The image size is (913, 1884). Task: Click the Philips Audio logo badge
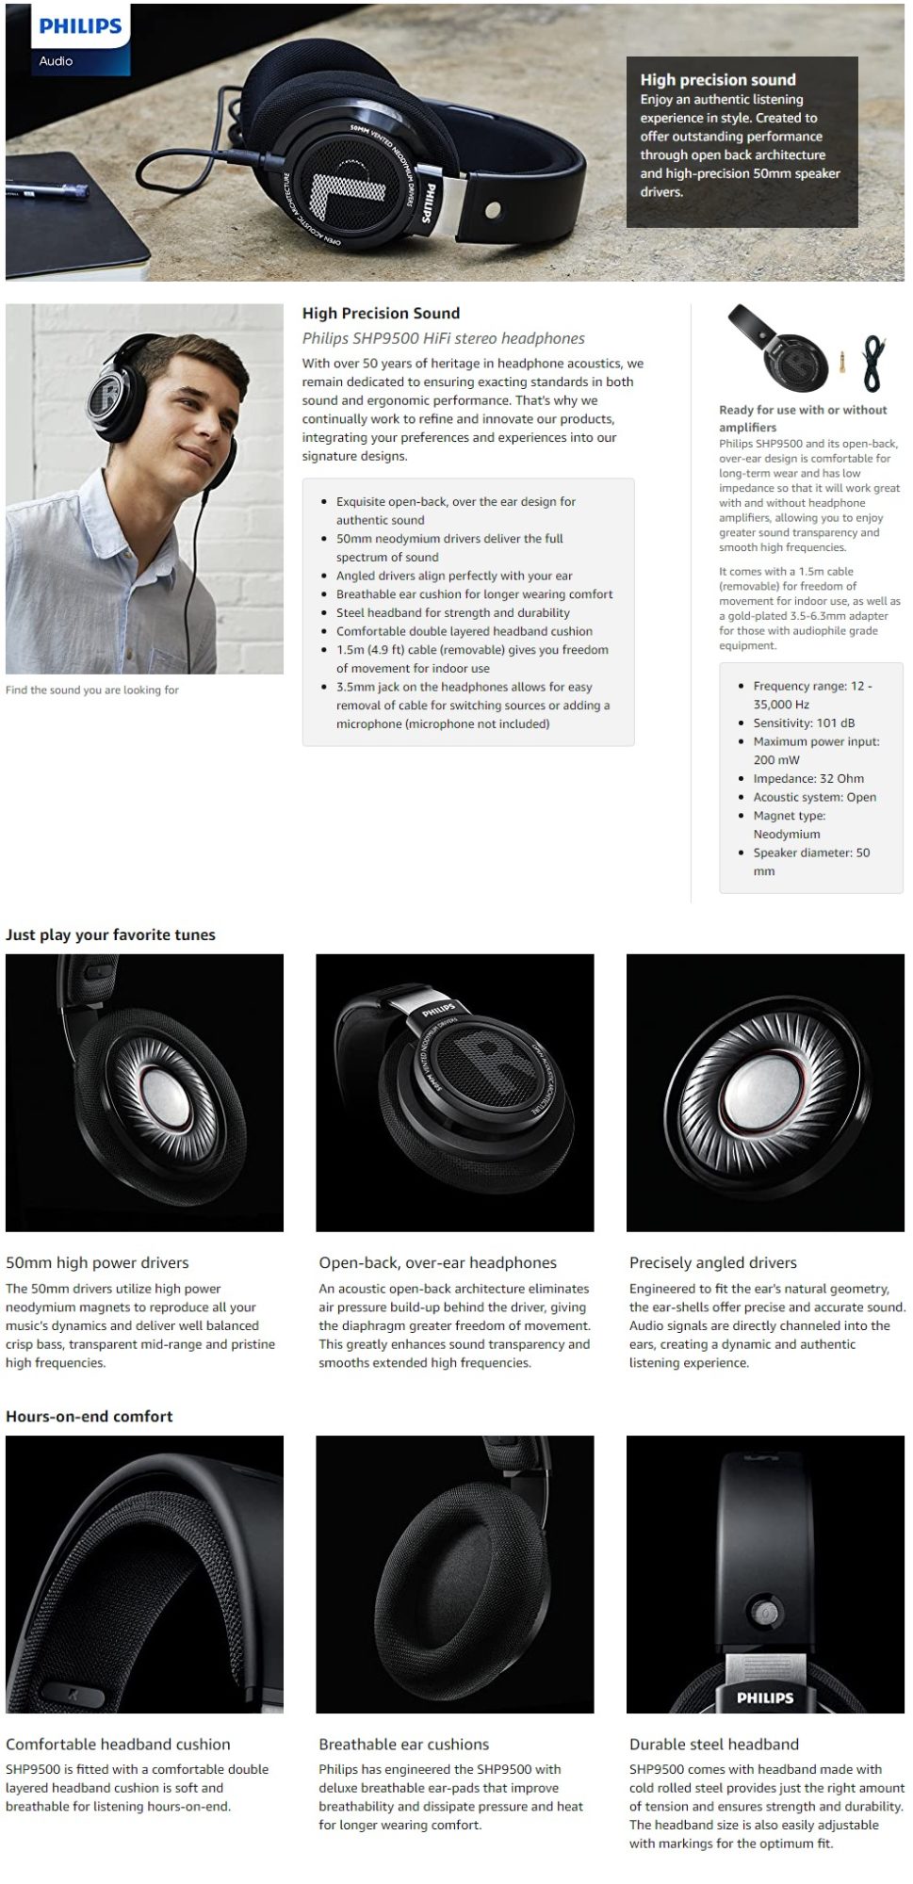(68, 40)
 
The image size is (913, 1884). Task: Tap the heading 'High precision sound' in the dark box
(718, 80)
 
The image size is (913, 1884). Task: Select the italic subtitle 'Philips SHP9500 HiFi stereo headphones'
(443, 338)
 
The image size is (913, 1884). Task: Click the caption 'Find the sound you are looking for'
(92, 690)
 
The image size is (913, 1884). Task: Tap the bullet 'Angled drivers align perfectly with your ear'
(454, 576)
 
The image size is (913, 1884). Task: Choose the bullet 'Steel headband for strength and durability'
(453, 612)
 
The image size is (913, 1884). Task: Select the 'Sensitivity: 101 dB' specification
(804, 723)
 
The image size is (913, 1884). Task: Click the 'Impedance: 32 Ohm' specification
(808, 778)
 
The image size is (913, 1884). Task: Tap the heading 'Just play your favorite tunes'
(110, 934)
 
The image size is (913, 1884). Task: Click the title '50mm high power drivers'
(97, 1262)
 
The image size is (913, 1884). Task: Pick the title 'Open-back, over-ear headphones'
(437, 1262)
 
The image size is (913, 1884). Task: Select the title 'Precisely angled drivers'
(713, 1262)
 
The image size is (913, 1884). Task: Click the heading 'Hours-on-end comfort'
(90, 1416)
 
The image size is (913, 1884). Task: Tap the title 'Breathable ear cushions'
(404, 1744)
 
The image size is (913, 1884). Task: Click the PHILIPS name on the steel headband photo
(765, 1697)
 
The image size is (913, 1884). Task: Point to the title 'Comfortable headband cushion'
(118, 1744)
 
